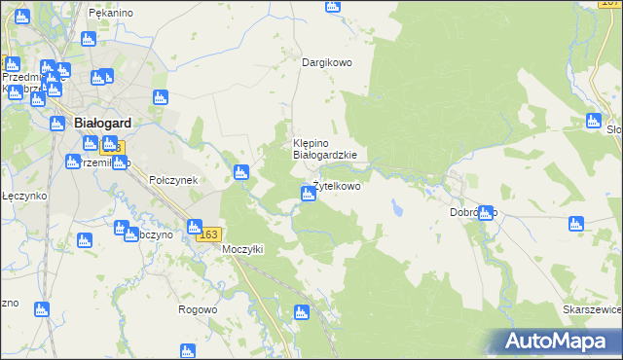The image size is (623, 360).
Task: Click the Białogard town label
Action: click(x=103, y=124)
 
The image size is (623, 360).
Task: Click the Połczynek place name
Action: click(x=173, y=180)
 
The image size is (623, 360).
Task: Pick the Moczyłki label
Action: click(x=243, y=249)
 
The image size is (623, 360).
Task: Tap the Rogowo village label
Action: click(x=198, y=309)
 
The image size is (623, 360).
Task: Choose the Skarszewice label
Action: click(x=592, y=309)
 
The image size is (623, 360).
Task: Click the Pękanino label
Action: click(x=110, y=14)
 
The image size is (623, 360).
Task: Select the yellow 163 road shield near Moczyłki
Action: click(x=209, y=235)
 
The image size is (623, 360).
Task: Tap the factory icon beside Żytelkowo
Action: click(x=308, y=195)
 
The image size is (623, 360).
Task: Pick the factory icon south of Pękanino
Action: click(x=89, y=40)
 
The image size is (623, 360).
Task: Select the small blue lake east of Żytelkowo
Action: click(x=397, y=207)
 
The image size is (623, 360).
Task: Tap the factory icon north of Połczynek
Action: click(x=162, y=98)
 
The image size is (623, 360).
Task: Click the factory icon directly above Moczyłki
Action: click(x=195, y=227)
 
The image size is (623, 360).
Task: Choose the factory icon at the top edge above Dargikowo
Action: click(x=333, y=6)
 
